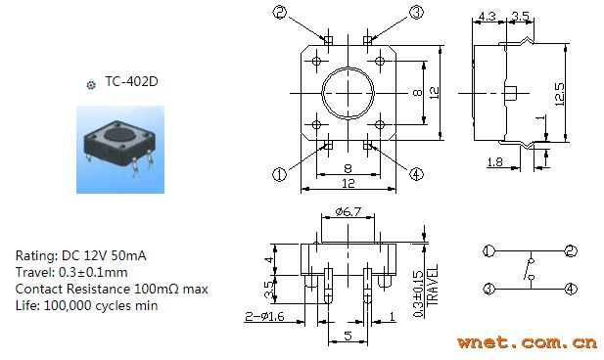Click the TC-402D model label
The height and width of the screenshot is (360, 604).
tap(132, 81)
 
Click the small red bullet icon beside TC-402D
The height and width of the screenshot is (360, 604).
tap(91, 85)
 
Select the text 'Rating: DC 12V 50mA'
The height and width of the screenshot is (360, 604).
tap(81, 255)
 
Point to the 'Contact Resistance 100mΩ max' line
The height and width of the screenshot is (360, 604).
tap(112, 289)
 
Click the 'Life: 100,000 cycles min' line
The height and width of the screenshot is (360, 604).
tap(87, 306)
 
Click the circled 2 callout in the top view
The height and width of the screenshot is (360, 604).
tap(280, 12)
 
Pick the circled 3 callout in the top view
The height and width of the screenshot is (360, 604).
tap(416, 12)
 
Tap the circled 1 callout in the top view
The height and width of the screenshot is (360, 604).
tap(280, 174)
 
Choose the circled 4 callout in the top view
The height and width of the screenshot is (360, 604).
tap(416, 174)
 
